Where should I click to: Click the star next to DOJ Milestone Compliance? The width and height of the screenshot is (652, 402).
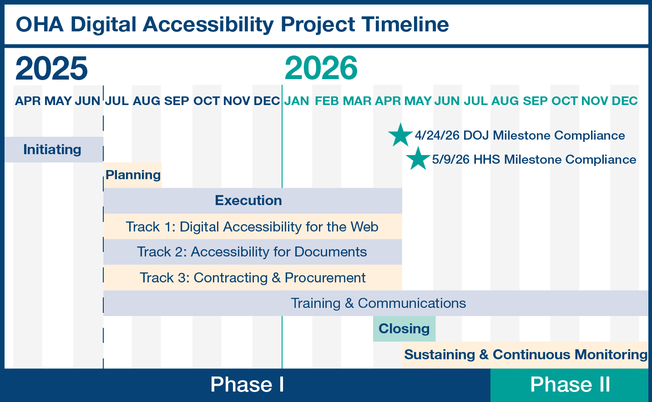point(400,135)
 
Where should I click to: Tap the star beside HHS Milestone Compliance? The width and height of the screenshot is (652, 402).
point(418,159)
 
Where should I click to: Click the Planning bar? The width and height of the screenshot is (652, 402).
point(133,175)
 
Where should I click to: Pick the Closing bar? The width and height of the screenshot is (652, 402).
point(404,328)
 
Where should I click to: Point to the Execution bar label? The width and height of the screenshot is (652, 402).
point(248,201)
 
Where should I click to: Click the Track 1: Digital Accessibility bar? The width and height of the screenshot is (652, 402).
point(252,226)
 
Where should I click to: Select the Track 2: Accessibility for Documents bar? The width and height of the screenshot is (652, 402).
point(252,252)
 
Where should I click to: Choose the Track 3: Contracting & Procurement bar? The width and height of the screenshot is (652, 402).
point(252,277)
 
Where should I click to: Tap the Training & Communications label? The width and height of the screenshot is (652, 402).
point(378,303)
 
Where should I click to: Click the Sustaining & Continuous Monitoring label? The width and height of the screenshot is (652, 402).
point(526,355)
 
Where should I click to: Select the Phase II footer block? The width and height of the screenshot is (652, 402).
point(570,385)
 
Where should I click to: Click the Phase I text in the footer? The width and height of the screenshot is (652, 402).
point(247,385)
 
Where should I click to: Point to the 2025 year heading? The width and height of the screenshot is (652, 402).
point(51,68)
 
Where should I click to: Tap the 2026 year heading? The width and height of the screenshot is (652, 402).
point(321,68)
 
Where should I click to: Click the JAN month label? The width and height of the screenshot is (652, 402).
point(297,101)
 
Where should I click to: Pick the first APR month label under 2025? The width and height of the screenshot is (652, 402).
point(28,101)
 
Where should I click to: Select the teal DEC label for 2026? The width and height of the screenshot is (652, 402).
point(625,101)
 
